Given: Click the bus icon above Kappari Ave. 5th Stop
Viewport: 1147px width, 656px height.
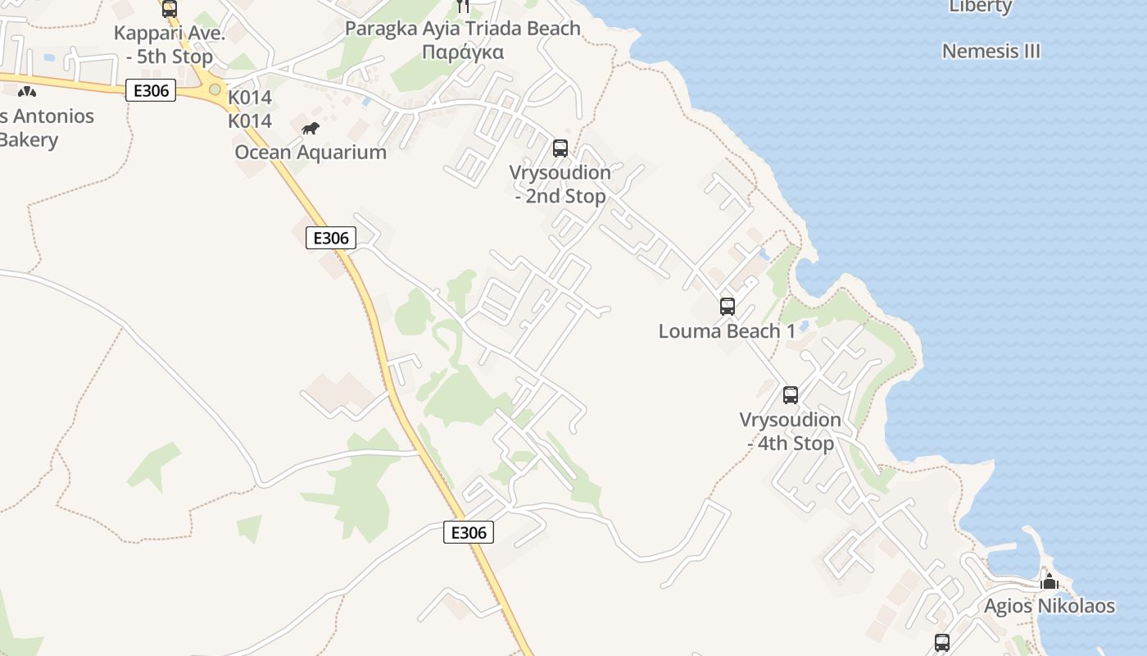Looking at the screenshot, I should click(170, 8).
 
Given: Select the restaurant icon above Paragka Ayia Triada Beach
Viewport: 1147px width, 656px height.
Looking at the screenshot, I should click(463, 6).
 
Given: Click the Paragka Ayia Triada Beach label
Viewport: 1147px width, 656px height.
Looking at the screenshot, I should click(463, 28).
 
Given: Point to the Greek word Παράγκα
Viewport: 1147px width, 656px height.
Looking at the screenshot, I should click(463, 52).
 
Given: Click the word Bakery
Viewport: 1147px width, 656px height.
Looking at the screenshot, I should click(29, 139).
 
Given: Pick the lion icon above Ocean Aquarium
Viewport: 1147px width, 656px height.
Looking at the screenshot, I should click(311, 128).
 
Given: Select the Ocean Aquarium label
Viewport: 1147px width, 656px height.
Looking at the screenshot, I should click(311, 153).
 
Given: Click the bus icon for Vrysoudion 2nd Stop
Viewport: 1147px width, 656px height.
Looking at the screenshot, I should click(560, 148).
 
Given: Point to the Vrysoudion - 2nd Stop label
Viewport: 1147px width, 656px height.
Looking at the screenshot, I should click(560, 184).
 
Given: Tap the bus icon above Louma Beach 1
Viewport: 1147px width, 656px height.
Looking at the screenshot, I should click(728, 307).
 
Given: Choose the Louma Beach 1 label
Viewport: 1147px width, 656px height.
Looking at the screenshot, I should click(728, 331).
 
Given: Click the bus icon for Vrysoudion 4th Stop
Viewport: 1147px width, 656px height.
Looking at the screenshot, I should click(791, 394).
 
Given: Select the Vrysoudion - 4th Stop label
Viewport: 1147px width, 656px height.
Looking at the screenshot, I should click(791, 431).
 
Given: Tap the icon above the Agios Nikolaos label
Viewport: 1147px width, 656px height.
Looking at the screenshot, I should click(1050, 582).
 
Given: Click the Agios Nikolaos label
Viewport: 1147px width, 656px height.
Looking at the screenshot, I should click(1050, 607).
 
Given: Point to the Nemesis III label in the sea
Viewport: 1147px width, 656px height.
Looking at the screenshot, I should click(991, 51).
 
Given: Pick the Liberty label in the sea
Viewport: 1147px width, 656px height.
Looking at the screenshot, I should click(981, 7).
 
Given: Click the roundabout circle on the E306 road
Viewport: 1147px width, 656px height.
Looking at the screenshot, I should click(215, 89).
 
